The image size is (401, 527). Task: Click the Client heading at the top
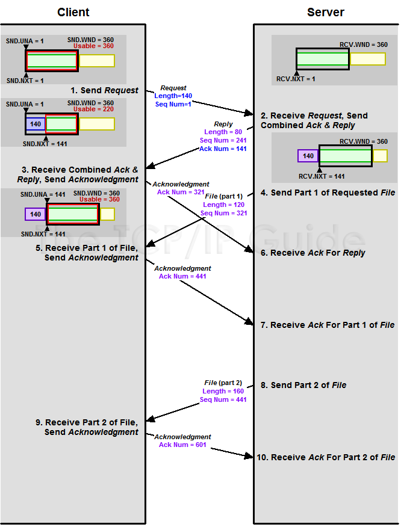pyautogui.click(x=73, y=12)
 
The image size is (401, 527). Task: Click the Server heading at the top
pyautogui.click(x=326, y=12)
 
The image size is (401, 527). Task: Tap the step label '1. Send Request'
pyautogui.click(x=104, y=90)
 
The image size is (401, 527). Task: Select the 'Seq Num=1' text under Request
pyautogui.click(x=173, y=104)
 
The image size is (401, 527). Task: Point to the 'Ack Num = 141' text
pyautogui.click(x=223, y=149)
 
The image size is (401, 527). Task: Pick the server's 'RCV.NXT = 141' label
pyautogui.click(x=322, y=176)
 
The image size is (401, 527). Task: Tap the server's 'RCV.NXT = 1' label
pyautogui.click(x=296, y=79)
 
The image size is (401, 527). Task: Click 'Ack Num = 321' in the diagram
pyautogui.click(x=181, y=192)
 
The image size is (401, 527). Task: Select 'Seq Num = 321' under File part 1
pyautogui.click(x=223, y=213)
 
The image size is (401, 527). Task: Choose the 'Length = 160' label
pyautogui.click(x=223, y=391)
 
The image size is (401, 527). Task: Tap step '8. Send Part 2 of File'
pyautogui.click(x=303, y=385)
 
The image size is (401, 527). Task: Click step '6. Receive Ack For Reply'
pyautogui.click(x=313, y=253)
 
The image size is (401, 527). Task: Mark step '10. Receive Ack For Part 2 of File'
pyautogui.click(x=326, y=457)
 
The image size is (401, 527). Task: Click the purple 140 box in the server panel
pyautogui.click(x=308, y=156)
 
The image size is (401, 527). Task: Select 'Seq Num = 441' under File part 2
pyautogui.click(x=223, y=399)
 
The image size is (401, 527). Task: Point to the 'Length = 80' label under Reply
pyautogui.click(x=223, y=132)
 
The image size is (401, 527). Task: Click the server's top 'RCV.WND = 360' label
pyautogui.click(x=364, y=45)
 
